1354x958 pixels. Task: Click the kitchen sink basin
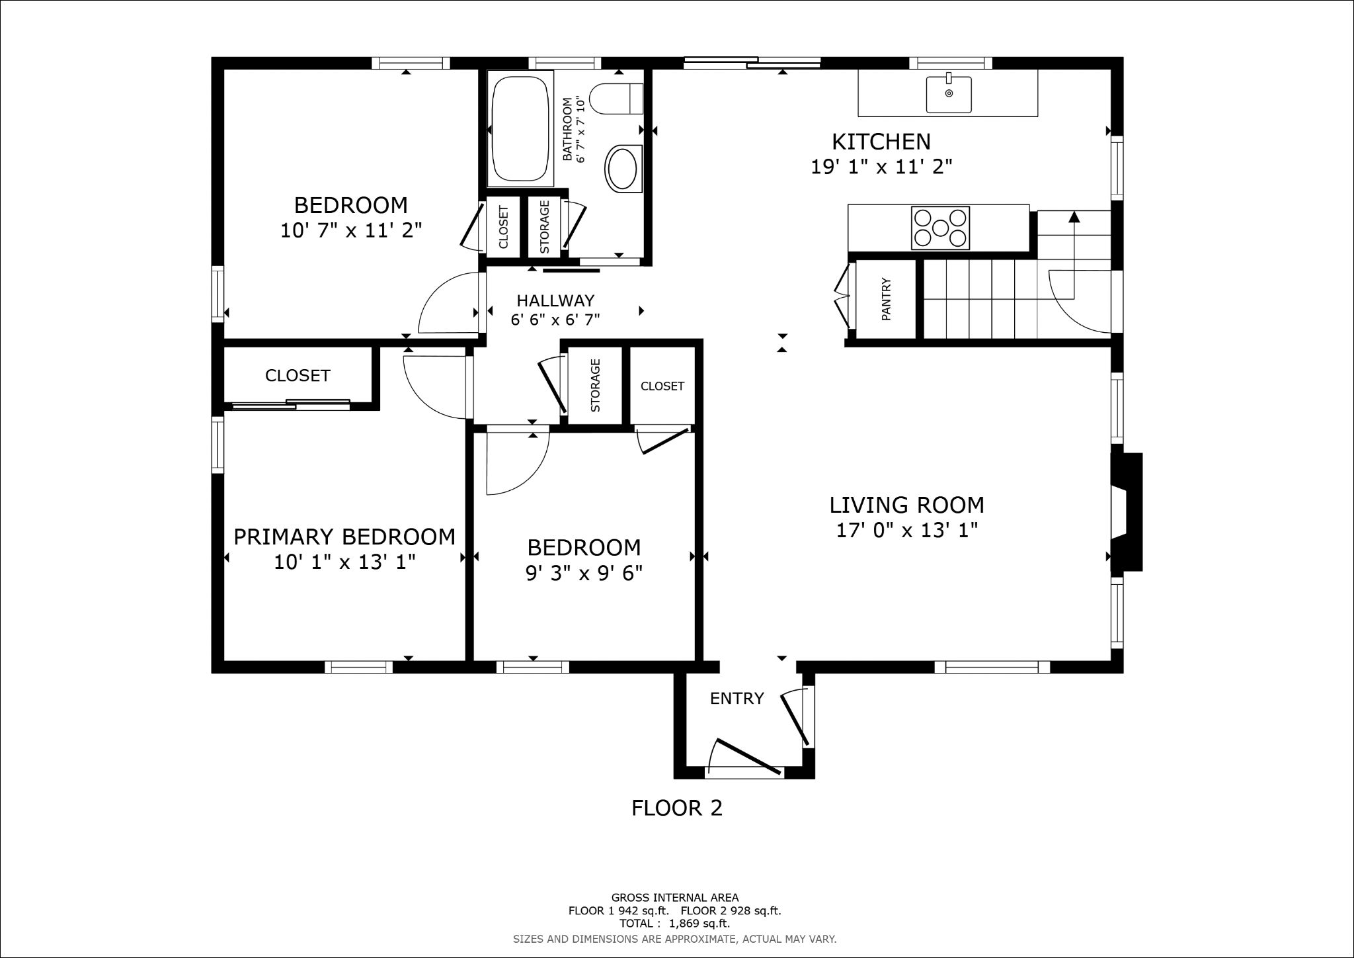click(x=949, y=95)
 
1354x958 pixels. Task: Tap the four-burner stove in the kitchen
click(x=940, y=228)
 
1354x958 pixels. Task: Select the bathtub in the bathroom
click(x=520, y=130)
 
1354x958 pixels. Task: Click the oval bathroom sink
click(x=623, y=168)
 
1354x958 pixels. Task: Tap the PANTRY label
click(x=887, y=300)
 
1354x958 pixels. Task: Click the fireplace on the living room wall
click(x=1126, y=512)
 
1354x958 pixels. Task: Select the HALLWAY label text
click(x=555, y=301)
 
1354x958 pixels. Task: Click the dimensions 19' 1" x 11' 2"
click(x=881, y=167)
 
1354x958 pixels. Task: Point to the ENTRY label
click(x=737, y=699)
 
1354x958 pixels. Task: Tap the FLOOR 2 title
click(x=677, y=808)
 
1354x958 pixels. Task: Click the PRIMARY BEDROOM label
click(x=344, y=537)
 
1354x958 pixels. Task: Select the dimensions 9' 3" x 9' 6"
click(x=584, y=573)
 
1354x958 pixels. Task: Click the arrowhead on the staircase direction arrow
click(x=1074, y=216)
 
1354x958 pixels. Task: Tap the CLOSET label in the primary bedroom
click(x=298, y=376)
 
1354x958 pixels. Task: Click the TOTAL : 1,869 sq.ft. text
click(x=674, y=924)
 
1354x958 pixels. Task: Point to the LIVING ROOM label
click(x=906, y=505)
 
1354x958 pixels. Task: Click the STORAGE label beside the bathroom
click(x=545, y=227)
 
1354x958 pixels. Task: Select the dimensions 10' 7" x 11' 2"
click(x=351, y=231)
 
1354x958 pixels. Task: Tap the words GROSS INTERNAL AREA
click(x=674, y=898)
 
